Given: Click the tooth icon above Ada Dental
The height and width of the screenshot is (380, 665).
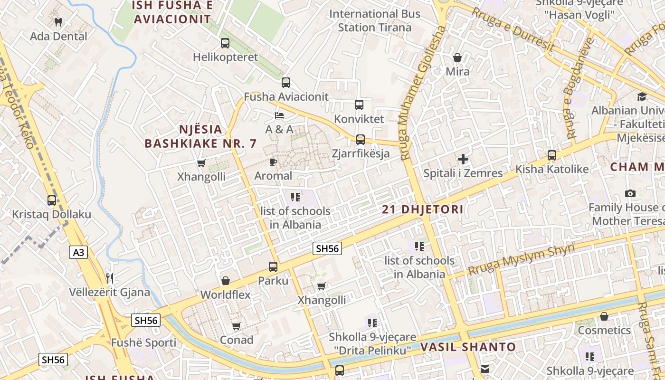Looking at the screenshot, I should [58, 22].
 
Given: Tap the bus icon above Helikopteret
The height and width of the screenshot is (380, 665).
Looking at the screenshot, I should [225, 43].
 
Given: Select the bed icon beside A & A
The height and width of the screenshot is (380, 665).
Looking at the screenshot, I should [279, 115].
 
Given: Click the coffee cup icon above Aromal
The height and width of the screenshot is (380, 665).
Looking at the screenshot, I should [273, 162].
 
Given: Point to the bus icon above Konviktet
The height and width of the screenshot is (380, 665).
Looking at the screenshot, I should [359, 104].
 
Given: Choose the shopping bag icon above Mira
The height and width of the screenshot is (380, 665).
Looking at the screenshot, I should [457, 57].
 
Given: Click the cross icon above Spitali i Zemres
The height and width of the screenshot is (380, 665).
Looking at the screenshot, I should [463, 159].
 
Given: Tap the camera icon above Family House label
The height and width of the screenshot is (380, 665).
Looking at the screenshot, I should [630, 193].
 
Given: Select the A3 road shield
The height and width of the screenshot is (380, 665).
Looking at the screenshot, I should [78, 252].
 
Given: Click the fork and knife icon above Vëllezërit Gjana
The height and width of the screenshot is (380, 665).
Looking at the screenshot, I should [110, 278].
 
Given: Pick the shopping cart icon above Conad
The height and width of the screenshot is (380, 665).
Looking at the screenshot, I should [236, 326].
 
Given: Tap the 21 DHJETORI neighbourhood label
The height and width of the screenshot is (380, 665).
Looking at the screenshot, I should [423, 209].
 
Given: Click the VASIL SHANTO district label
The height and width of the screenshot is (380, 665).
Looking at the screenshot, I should [468, 347].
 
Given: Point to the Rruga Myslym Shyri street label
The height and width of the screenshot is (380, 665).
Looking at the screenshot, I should [521, 259].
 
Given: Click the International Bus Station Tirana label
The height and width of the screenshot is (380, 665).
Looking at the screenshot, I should [375, 20].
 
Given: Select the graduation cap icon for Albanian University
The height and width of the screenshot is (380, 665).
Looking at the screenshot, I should [642, 96].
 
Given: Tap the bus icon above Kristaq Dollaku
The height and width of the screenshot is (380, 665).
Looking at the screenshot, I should [51, 200].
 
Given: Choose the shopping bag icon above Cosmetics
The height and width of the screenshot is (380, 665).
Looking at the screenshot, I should [604, 316].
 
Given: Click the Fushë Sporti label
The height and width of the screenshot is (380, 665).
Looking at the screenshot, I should [143, 342].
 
